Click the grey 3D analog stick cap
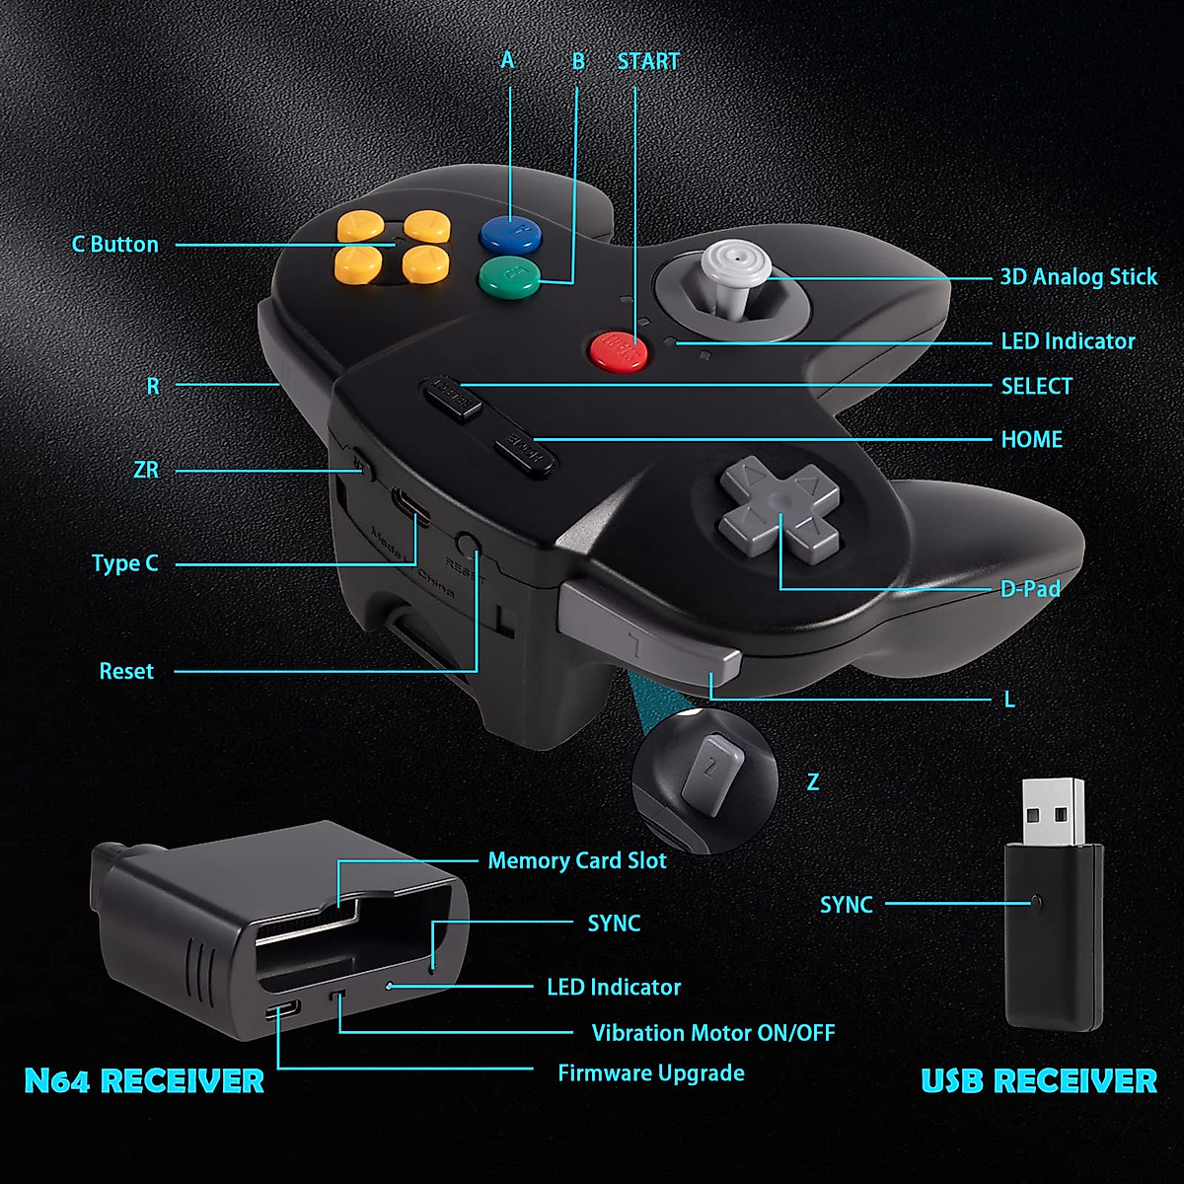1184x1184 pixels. (x=731, y=264)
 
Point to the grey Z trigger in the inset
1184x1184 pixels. (x=711, y=773)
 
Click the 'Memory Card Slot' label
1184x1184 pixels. (x=576, y=860)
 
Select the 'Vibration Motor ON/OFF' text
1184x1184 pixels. (x=712, y=1033)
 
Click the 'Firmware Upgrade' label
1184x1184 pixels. (x=650, y=1073)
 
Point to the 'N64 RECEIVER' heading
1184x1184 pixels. (x=144, y=1080)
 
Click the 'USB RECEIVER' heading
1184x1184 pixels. (x=1038, y=1080)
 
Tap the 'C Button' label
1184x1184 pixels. (x=114, y=245)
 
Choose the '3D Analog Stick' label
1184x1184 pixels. (x=1077, y=277)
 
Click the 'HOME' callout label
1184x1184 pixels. (x=1031, y=439)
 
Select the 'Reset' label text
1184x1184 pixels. (x=126, y=671)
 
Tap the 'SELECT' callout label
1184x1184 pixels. (x=1036, y=386)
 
